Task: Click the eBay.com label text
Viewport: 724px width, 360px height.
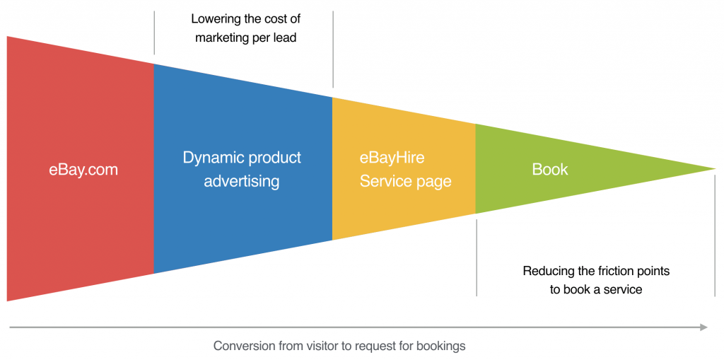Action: [83, 170]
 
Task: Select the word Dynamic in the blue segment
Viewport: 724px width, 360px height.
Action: [213, 158]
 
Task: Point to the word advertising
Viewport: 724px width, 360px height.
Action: [242, 181]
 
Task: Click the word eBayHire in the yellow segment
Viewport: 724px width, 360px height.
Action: [392, 158]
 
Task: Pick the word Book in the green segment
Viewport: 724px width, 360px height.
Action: [550, 170]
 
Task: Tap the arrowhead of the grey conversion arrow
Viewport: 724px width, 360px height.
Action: [703, 327]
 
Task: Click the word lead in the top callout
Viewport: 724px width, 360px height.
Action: [286, 37]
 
